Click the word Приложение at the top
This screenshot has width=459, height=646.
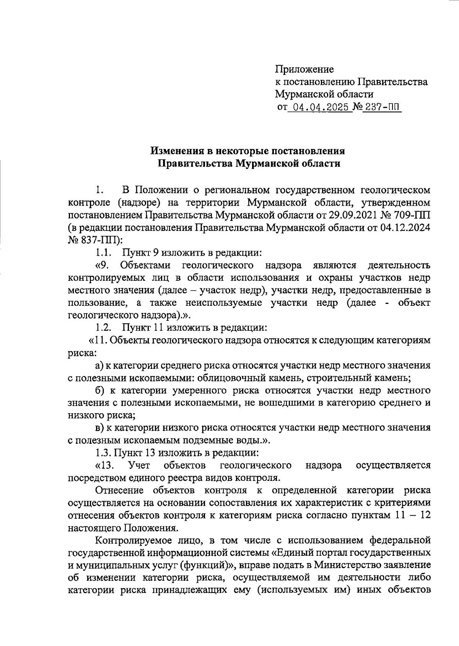point(304,69)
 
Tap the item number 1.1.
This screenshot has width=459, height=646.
point(103,253)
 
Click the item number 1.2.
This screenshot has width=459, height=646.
point(103,328)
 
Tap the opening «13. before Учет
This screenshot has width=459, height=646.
point(104,466)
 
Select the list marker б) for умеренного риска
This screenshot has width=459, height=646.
point(100,391)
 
